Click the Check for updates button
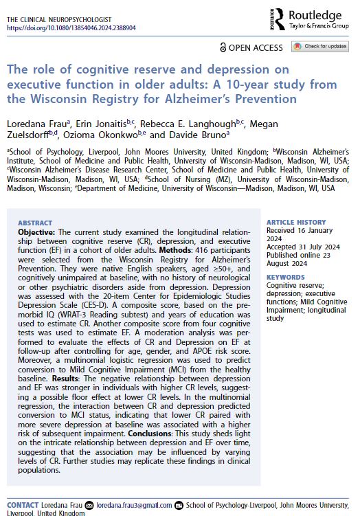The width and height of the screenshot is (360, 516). [320, 47]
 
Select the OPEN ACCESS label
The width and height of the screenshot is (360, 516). [251, 47]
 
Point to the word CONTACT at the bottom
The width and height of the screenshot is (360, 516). [22, 504]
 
